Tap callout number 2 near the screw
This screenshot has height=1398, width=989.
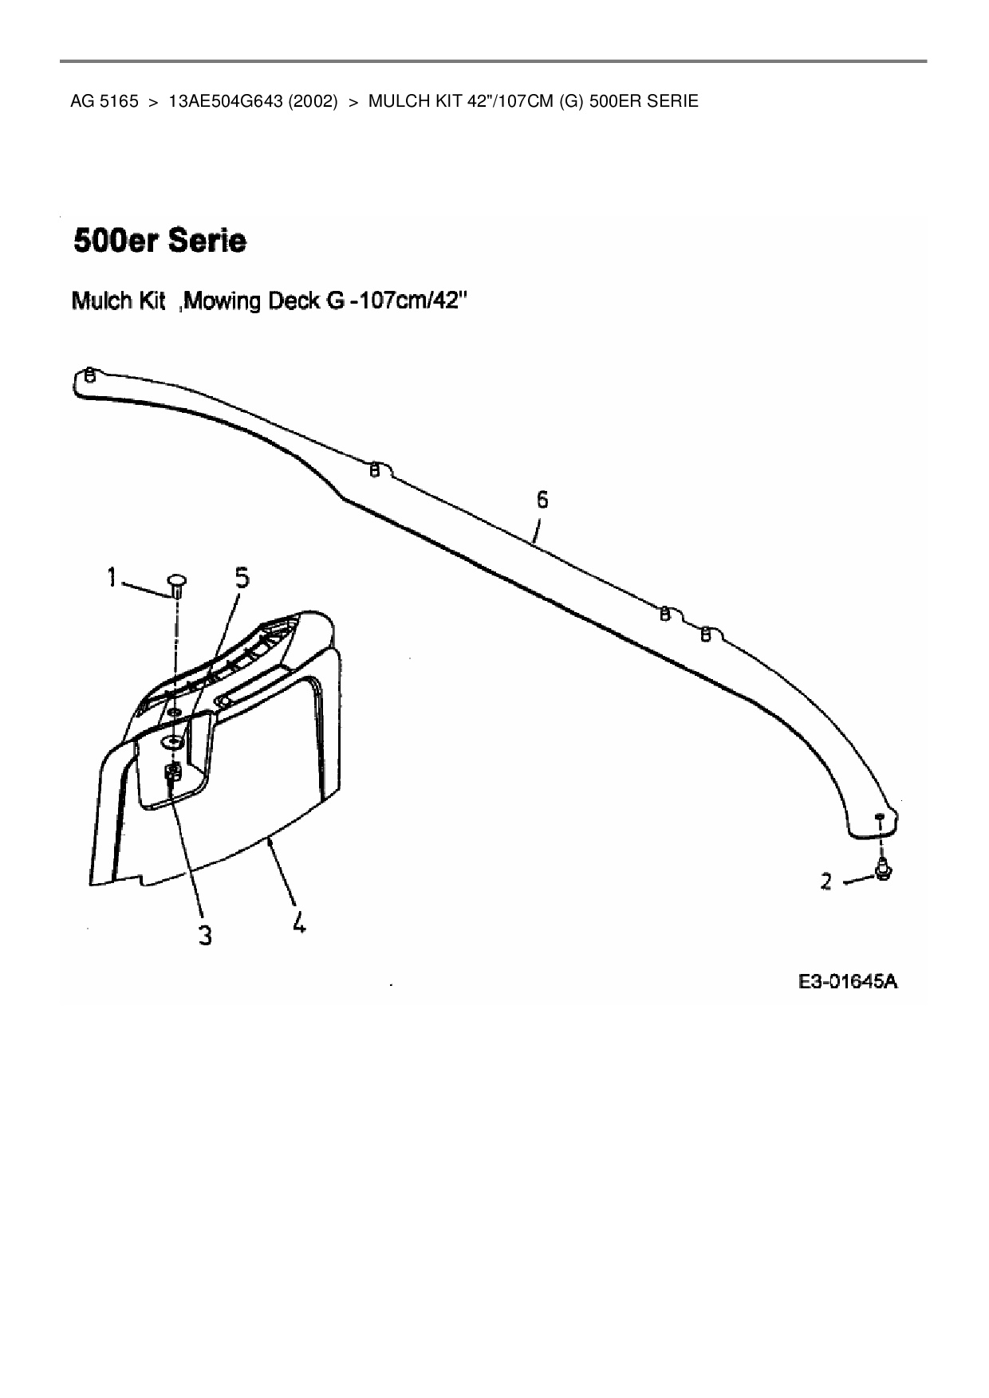[x=825, y=881]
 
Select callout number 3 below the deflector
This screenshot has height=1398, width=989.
[x=205, y=934]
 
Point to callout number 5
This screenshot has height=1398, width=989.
[x=242, y=577]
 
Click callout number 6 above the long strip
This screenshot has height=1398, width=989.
[x=542, y=500]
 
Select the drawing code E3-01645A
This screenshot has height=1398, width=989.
[x=848, y=981]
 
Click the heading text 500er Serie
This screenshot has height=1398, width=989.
[x=160, y=241]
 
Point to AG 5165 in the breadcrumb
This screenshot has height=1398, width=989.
[x=104, y=101]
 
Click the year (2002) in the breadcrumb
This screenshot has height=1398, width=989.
[x=309, y=101]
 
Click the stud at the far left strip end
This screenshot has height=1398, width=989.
[x=90, y=374]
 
